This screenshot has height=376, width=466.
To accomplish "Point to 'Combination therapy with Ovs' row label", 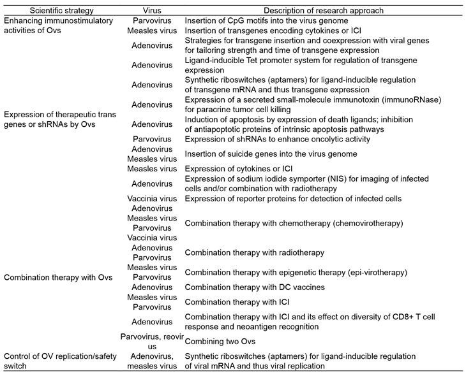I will (x=52, y=277).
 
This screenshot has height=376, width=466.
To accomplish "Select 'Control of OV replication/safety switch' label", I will (x=60, y=361).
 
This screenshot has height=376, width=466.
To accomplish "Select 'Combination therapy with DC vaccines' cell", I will (x=254, y=287).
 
